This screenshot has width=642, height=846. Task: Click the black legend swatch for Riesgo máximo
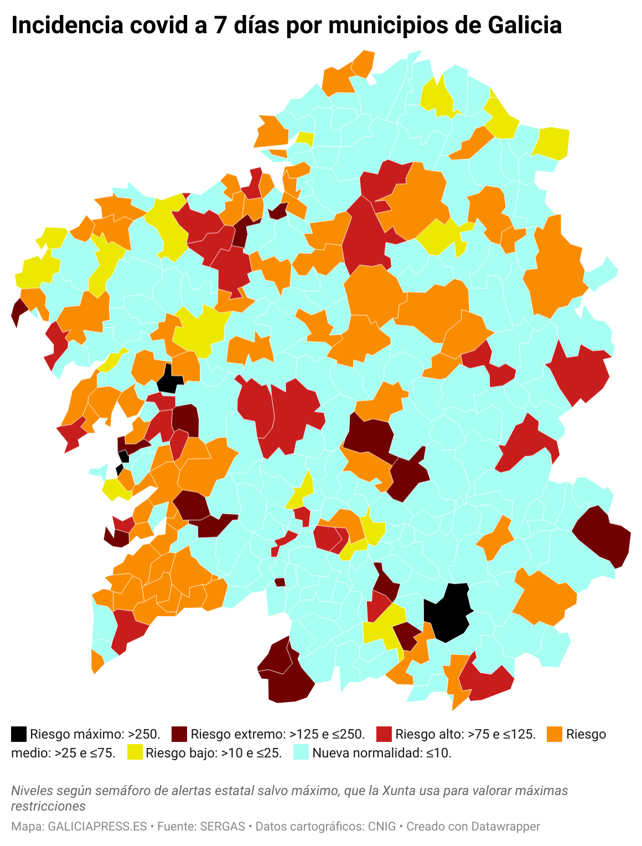click(x=19, y=734)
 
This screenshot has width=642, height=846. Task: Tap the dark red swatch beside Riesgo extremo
click(x=179, y=734)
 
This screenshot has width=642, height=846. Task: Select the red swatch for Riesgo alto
click(x=384, y=734)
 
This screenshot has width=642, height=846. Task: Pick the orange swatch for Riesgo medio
click(x=555, y=734)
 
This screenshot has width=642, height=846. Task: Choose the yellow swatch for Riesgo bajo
click(x=134, y=752)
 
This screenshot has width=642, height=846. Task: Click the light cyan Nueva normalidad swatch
click(x=301, y=752)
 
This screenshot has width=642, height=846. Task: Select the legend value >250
click(x=144, y=734)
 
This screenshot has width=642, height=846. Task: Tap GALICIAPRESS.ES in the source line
click(x=97, y=827)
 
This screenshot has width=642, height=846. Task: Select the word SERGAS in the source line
click(x=222, y=827)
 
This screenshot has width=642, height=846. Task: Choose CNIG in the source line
click(x=381, y=827)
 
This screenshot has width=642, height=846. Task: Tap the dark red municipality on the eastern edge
click(x=603, y=536)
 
